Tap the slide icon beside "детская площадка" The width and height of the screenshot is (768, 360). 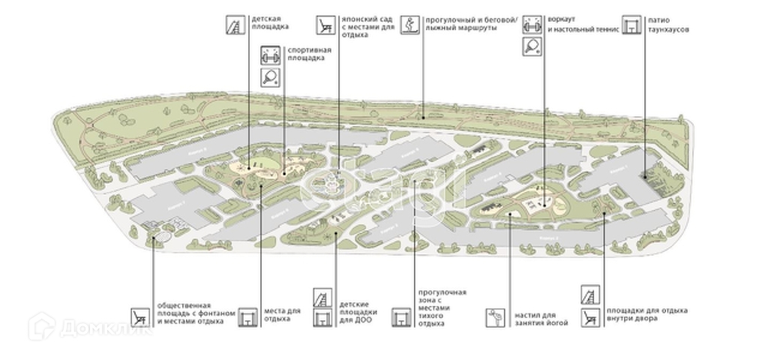pos(235,25)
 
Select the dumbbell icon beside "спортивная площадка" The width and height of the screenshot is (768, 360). pos(270,55)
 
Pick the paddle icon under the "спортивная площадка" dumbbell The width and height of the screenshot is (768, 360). pos(270,76)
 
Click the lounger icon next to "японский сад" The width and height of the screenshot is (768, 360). pos(325,25)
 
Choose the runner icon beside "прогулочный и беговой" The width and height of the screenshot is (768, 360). pos(409,25)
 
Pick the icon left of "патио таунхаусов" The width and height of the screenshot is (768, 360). pos(632,25)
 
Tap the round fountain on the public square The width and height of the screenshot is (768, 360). pos(159,238)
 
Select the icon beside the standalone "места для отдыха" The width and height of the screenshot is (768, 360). pos(248,317)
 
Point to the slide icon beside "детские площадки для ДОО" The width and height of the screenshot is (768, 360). pos(322,297)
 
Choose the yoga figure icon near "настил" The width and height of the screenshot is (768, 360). pos(496,317)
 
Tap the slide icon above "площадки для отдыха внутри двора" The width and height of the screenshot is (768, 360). pos(590,294)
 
